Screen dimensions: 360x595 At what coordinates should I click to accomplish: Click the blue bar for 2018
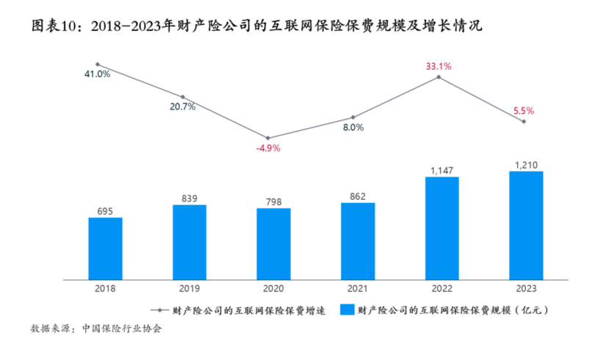pyautogui.click(x=105, y=248)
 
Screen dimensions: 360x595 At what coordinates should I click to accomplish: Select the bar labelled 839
pyautogui.click(x=190, y=242)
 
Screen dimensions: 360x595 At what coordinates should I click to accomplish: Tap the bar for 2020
pyautogui.click(x=273, y=244)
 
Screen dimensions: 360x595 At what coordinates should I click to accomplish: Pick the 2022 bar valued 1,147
pyautogui.click(x=441, y=228)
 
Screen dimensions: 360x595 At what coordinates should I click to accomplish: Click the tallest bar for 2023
pyautogui.click(x=526, y=226)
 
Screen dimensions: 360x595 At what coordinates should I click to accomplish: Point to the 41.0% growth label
pyautogui.click(x=97, y=74)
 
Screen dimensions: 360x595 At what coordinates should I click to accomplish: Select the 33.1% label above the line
pyautogui.click(x=439, y=66)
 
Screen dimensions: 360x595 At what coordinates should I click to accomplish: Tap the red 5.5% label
pyautogui.click(x=524, y=111)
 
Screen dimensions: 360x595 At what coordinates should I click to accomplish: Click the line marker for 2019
pyautogui.click(x=183, y=97)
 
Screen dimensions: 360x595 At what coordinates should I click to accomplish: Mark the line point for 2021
pyautogui.click(x=353, y=118)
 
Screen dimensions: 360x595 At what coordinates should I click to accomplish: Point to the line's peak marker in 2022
pyautogui.click(x=439, y=76)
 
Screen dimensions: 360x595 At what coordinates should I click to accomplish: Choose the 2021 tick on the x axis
pyautogui.click(x=358, y=289)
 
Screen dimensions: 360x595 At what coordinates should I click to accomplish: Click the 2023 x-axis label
pyautogui.click(x=526, y=289)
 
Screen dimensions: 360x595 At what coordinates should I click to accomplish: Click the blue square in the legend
pyautogui.click(x=349, y=310)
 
